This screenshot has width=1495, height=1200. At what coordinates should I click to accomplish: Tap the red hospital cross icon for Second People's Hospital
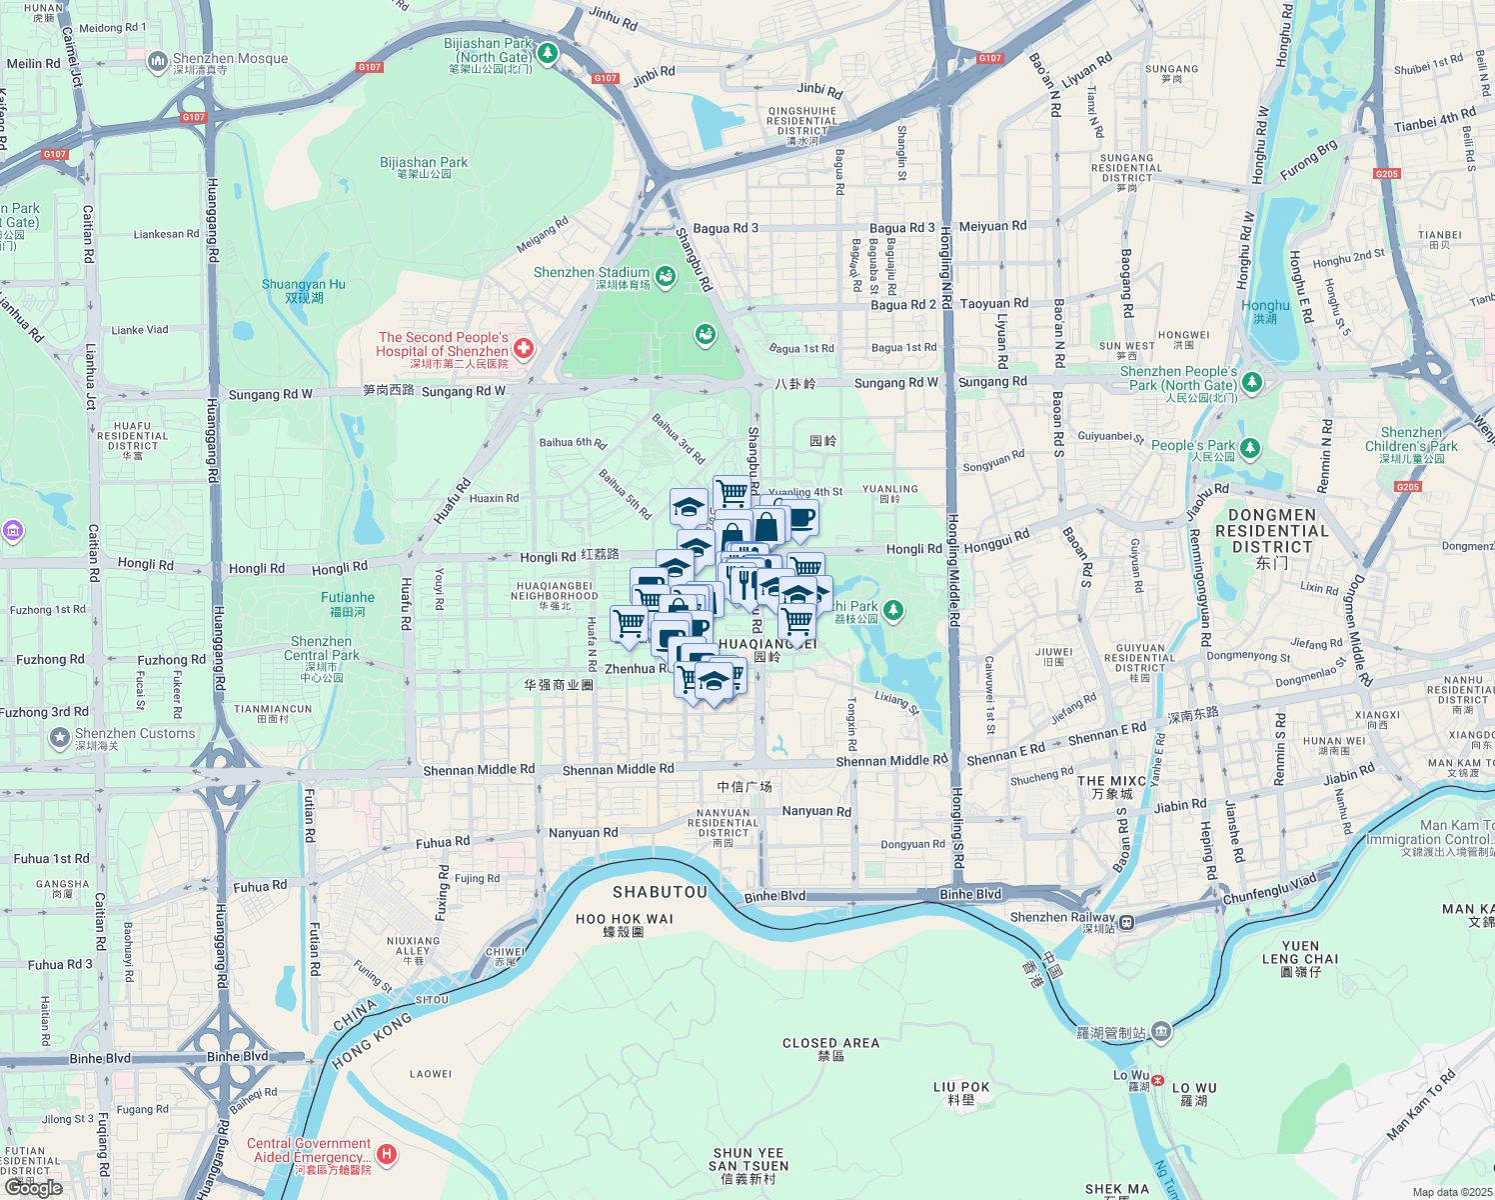pos(524,348)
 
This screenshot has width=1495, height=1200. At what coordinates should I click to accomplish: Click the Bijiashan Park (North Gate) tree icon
pos(547,52)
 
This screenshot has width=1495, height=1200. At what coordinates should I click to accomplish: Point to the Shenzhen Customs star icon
pos(59,738)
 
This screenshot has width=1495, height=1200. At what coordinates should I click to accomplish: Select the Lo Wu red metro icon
pos(1158,1080)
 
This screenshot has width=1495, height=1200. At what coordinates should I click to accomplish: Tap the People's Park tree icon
pos(1250,447)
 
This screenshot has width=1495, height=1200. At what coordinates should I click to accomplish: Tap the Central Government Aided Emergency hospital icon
pos(387,1155)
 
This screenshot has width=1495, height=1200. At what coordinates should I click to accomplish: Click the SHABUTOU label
pos(660,892)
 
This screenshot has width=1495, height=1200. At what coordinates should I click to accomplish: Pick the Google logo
pos(33,1188)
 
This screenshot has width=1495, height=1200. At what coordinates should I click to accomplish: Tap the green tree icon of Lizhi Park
pos(893,609)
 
